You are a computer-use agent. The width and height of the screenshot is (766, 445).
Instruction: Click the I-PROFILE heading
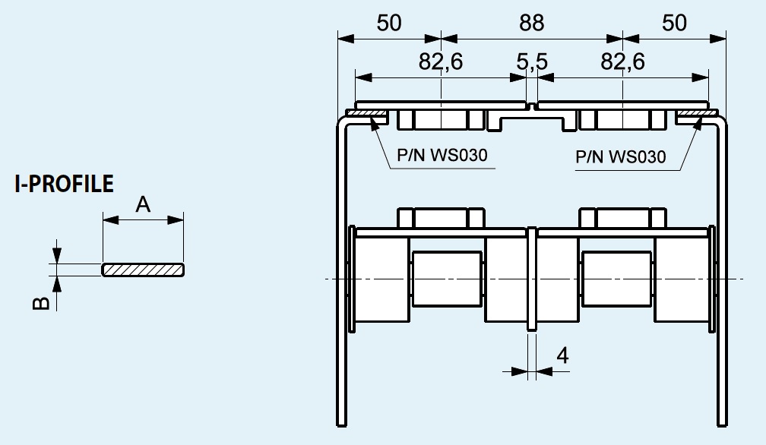[x=64, y=184]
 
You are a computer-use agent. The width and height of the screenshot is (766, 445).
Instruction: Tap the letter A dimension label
[x=143, y=204]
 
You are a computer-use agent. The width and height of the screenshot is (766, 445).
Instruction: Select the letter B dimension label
[x=41, y=303]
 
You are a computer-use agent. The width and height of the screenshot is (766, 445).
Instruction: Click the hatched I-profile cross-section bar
[x=143, y=270]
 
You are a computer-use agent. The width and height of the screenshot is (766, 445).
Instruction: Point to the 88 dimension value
[x=531, y=23]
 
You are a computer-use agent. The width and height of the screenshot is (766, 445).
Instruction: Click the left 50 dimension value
[x=389, y=23]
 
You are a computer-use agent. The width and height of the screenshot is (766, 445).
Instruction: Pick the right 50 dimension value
[x=674, y=23]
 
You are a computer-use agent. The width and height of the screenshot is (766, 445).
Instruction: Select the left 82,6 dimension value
[x=441, y=62]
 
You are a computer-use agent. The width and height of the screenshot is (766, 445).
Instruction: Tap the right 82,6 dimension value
[x=622, y=62]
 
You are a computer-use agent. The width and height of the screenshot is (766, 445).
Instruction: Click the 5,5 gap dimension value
[x=532, y=62]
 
